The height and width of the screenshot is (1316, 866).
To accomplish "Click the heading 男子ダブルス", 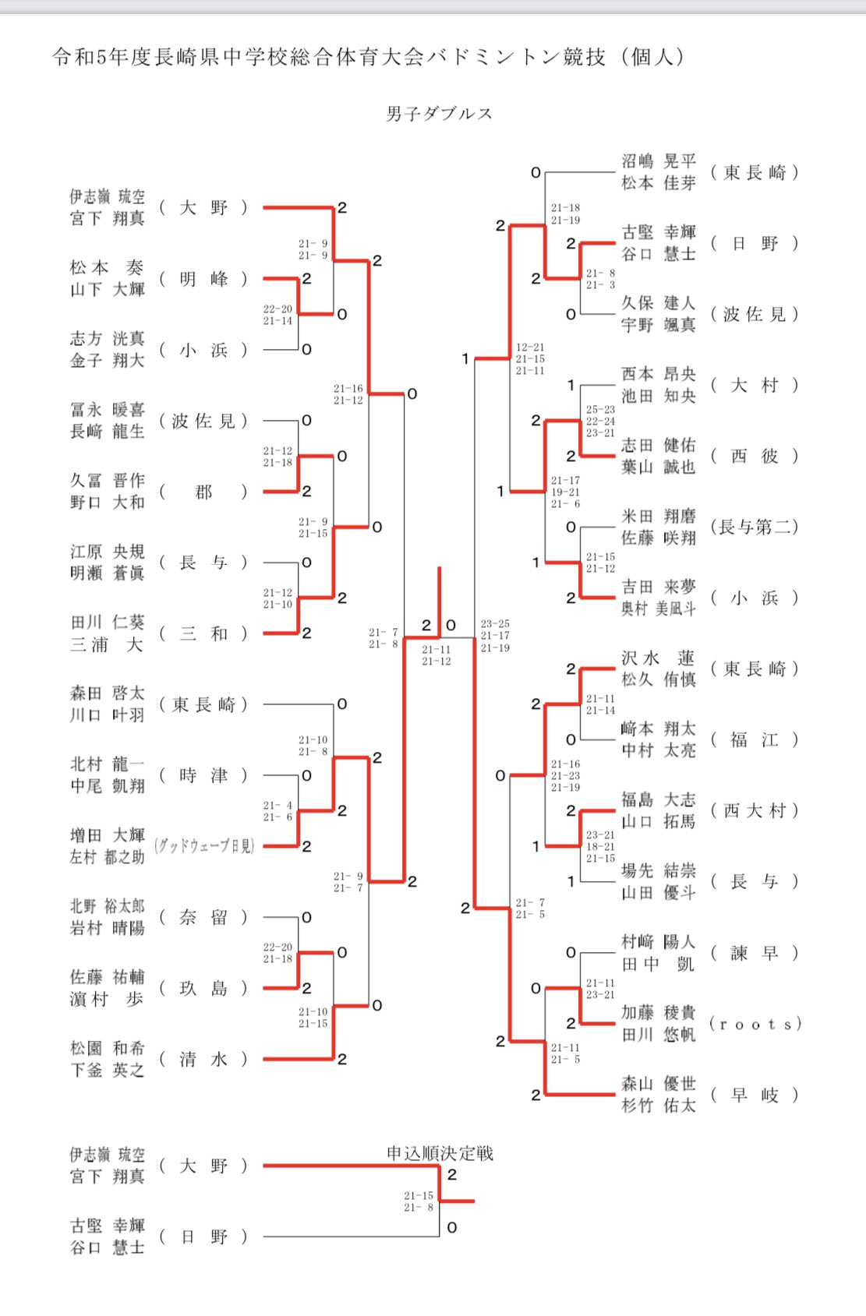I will click(439, 114).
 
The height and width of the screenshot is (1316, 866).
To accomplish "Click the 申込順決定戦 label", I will click(440, 1153).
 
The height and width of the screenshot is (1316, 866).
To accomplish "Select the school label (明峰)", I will click(203, 279).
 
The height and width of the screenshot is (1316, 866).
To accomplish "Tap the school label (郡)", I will click(203, 492).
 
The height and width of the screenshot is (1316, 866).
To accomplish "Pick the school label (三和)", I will click(203, 633).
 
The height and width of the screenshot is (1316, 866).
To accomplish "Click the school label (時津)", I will click(203, 775).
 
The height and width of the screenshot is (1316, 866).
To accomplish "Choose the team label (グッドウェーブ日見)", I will click(204, 846).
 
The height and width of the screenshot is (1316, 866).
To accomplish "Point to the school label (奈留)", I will click(203, 917).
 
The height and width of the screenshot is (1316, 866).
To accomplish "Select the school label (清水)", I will click(203, 1059).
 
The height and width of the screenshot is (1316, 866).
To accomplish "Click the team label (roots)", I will click(755, 1024).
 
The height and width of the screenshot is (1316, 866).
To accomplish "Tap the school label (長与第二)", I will click(755, 527).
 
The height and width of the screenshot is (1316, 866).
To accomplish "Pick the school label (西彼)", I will click(755, 456).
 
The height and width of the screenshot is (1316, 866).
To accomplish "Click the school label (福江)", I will click(755, 739).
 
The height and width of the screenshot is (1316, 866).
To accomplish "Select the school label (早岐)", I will click(755, 1095).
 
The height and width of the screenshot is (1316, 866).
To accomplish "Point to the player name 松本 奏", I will click(107, 268).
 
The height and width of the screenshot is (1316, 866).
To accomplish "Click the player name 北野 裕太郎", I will click(107, 906).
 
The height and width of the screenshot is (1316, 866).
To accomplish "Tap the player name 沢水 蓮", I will click(658, 658).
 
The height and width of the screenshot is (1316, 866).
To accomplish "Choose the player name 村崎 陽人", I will click(658, 942).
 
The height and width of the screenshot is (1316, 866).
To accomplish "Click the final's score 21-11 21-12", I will click(437, 655).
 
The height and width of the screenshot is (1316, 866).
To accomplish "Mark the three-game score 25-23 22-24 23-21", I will click(600, 421).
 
